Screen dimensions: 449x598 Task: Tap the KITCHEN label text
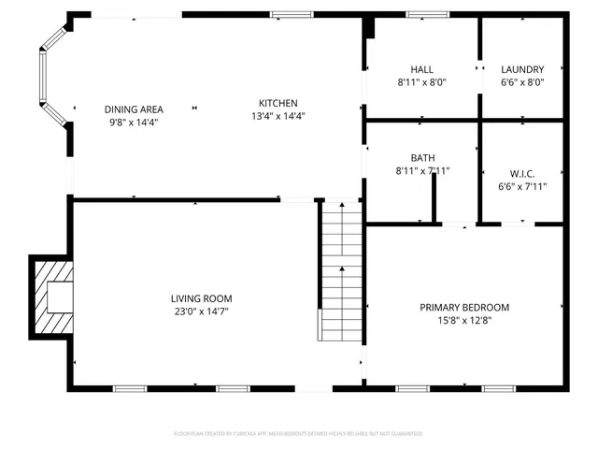point(278,103)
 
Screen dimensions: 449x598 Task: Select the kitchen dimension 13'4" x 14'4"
point(278,116)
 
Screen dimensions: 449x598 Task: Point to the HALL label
point(421,69)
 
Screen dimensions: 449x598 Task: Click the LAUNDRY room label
point(521,69)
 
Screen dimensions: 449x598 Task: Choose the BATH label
point(422,158)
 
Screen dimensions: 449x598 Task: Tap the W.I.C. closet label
point(522,172)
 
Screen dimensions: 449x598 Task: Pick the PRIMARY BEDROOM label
point(463,307)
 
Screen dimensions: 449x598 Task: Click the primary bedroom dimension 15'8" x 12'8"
point(463,320)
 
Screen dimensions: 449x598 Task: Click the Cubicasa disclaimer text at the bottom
point(298,433)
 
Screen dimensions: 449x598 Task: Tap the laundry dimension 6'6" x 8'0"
point(521,82)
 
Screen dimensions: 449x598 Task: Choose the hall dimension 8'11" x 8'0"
point(421,82)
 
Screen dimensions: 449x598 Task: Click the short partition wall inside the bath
point(434,198)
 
